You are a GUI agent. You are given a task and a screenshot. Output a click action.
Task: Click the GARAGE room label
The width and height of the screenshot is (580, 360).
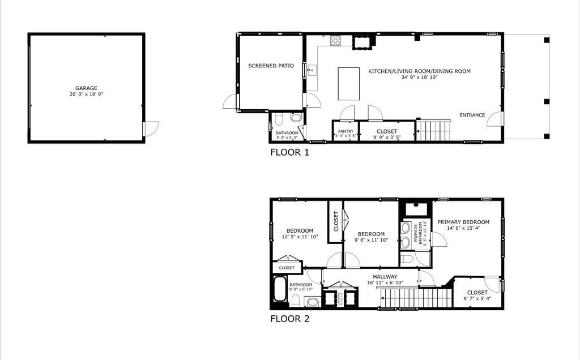pos(86,88)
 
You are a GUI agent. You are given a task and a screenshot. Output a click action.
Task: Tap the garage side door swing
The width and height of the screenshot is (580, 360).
pos(151,130)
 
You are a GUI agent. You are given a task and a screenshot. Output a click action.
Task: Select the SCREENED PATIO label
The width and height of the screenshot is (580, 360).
pos(271,66)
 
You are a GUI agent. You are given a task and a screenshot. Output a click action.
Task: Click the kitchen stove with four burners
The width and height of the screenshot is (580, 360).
pos(335,40)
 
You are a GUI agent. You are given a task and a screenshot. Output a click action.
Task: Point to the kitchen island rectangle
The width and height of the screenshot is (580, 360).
pos(349,84)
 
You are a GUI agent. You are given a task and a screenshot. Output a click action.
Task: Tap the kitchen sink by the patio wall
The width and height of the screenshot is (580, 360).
pos(310,70)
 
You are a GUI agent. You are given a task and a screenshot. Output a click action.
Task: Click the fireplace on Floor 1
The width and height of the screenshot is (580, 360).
pos(361,42)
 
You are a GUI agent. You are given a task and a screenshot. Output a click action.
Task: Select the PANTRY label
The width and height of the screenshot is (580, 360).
pos(346,131)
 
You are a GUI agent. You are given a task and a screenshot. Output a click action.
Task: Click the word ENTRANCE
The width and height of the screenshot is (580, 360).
pos(472,115)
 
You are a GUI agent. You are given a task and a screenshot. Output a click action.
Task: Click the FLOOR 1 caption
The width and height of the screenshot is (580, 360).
pos(289,152)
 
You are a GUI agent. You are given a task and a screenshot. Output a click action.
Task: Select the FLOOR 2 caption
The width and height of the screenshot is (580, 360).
pos(289,319)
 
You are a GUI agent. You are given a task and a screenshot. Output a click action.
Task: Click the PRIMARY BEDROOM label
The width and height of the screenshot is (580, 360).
pos(463,222)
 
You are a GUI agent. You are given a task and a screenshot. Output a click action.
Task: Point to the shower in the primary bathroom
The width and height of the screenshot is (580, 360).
pos(416,208)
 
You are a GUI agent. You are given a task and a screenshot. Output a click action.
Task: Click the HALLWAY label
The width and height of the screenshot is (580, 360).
pos(385,277)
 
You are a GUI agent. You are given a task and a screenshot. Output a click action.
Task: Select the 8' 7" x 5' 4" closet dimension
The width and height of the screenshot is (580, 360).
pos(477,298)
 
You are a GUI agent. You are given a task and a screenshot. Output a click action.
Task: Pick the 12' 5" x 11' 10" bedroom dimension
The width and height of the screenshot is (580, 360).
pos(300,237)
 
